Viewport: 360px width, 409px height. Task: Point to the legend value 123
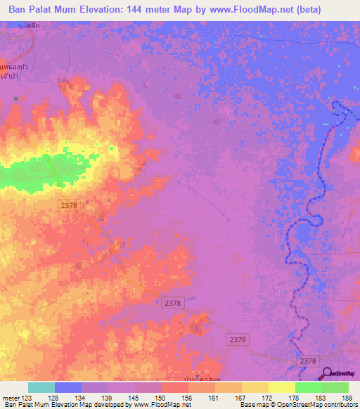click(28, 398)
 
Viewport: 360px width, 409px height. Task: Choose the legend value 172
click(268, 398)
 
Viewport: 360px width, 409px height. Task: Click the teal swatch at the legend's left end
click(41, 387)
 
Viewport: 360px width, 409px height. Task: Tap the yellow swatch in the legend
click(281, 387)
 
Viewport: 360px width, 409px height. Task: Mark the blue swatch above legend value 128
click(68, 387)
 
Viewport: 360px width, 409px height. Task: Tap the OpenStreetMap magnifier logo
click(328, 374)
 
